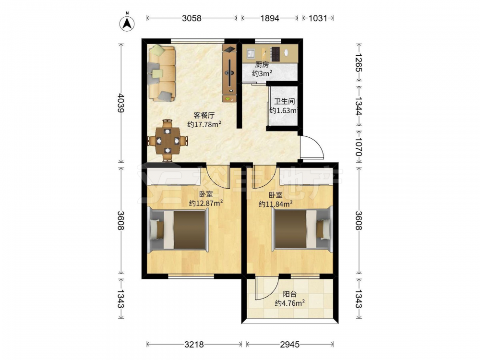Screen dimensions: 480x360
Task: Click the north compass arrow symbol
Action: click(127, 23)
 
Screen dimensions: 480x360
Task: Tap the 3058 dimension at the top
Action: click(192, 18)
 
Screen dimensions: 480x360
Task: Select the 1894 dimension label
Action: click(270, 18)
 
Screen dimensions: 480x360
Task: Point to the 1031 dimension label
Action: click(318, 18)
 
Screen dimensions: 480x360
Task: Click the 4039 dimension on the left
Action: click(121, 103)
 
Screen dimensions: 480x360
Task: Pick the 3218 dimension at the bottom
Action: click(194, 345)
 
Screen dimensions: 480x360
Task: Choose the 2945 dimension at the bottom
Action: click(289, 345)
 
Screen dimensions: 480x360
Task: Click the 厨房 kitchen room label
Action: click(262, 65)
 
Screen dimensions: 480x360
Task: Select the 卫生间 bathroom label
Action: click(284, 101)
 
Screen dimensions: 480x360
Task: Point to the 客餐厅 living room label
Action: click(204, 115)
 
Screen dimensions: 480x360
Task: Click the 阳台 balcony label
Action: click(289, 294)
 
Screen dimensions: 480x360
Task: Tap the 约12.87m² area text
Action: click(205, 203)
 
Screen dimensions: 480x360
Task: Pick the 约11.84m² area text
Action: click(275, 203)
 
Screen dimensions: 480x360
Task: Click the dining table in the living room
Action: click(167, 141)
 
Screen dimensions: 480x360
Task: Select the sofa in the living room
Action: click(162, 73)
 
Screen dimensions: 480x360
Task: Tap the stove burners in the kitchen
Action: click(276, 54)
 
